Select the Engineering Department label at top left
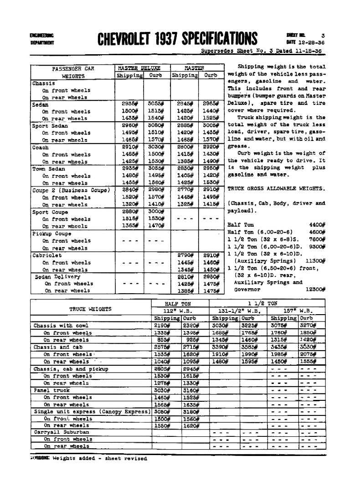point(41,39)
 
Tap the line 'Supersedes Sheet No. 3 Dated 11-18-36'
point(263,52)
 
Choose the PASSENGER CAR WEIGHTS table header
point(73,73)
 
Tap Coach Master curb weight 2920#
point(211,147)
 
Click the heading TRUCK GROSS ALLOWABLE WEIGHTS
point(276,188)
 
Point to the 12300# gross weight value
point(315,289)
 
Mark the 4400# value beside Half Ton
point(316,225)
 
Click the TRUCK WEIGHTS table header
point(90,309)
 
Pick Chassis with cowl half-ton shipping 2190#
point(162,326)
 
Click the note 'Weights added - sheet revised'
point(99,458)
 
